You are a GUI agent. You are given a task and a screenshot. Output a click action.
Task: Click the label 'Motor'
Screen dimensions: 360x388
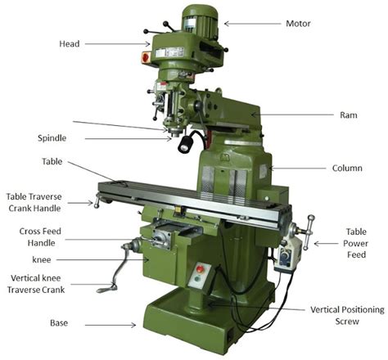297,23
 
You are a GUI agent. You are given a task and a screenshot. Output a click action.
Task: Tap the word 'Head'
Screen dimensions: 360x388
69,43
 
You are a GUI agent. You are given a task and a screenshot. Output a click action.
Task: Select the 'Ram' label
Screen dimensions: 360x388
348,115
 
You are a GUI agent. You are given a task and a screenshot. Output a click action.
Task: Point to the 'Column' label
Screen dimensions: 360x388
347,169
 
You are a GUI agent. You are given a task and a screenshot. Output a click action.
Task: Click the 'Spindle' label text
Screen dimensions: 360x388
52,138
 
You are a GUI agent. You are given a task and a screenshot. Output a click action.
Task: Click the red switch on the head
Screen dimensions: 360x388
147,57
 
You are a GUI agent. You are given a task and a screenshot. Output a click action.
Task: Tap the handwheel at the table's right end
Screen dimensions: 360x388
309,230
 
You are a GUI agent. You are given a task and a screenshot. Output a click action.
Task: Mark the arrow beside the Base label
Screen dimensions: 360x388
115,324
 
